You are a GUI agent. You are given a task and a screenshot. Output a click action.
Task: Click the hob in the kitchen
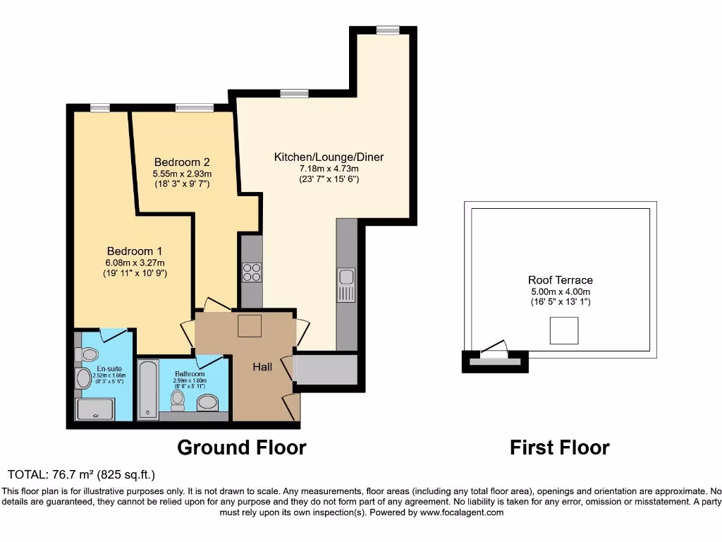tap(252, 272)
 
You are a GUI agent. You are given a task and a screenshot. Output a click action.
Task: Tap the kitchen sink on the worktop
tap(346, 285)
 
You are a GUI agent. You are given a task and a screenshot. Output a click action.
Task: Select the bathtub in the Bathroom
tap(147, 389)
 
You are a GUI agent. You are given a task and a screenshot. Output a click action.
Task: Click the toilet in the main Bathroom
tap(178, 400)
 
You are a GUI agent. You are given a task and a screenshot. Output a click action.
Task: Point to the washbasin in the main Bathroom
tap(207, 402)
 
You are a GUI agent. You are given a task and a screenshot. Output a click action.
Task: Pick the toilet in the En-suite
tap(89, 354)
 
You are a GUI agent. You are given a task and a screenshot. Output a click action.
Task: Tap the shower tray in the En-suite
tap(95, 409)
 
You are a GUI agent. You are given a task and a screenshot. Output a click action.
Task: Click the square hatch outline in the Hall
tap(250, 327)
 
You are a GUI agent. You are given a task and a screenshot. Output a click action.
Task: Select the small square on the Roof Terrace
tap(563, 330)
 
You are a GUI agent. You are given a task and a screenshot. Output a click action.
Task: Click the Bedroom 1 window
tap(100, 107)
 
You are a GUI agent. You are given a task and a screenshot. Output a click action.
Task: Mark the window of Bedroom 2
tap(194, 107)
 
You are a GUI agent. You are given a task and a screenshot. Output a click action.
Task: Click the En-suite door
tap(114, 334)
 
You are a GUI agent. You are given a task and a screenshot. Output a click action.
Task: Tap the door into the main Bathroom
tap(210, 361)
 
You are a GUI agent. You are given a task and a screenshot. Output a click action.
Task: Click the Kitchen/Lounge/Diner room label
tap(329, 157)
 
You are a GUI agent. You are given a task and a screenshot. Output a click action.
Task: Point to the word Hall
tap(263, 367)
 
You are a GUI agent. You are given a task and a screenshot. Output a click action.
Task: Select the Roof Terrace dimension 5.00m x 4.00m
tap(561, 291)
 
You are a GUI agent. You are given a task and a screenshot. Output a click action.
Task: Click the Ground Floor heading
tap(241, 447)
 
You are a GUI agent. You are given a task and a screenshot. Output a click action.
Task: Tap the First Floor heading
tap(559, 447)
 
